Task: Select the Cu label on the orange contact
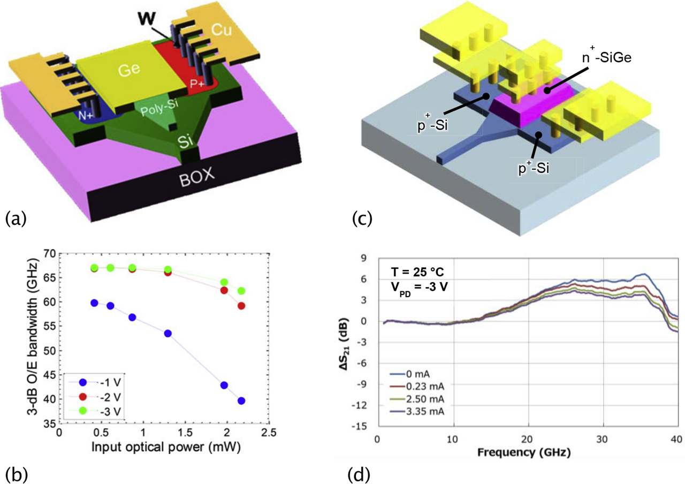pyautogui.click(x=222, y=32)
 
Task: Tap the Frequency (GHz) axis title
pyautogui.click(x=527, y=453)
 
